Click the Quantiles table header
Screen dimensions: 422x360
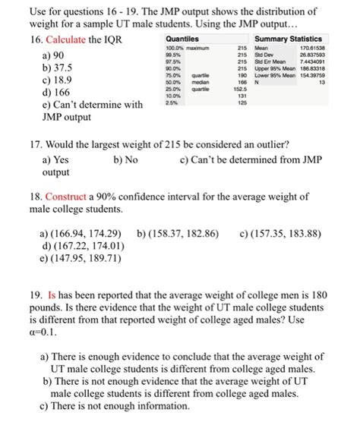[x=182, y=39]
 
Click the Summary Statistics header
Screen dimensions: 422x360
[x=288, y=39]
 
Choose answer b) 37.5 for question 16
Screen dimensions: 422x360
[x=55, y=67]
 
